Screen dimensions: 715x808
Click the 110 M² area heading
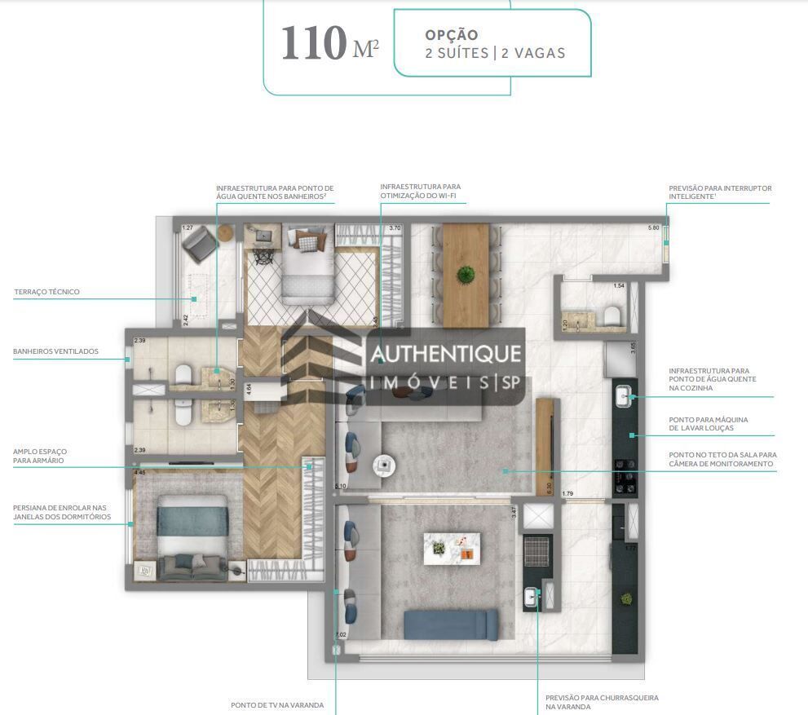(x=329, y=44)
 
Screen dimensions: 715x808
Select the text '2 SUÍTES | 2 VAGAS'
(x=495, y=53)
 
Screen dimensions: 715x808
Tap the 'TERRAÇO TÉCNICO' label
(x=46, y=292)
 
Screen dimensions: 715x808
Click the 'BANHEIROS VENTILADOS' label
(x=55, y=351)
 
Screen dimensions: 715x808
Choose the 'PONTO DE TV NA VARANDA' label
(x=277, y=704)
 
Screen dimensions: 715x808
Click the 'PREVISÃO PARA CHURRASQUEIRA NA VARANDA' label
(x=602, y=702)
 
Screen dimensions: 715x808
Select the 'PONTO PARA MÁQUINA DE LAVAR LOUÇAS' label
(x=708, y=424)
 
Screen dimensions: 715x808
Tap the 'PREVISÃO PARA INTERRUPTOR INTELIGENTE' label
(x=720, y=192)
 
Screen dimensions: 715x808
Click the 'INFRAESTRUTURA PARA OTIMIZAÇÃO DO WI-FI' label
(x=420, y=192)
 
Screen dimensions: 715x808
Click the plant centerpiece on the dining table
(x=466, y=275)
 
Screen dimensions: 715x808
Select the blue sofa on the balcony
(x=451, y=625)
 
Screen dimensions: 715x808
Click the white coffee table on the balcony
(x=451, y=546)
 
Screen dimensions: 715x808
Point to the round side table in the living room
(x=383, y=466)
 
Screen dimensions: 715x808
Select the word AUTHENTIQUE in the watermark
(x=445, y=353)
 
